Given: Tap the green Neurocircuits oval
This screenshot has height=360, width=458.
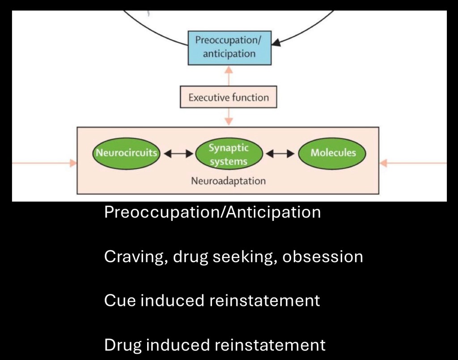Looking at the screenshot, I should tap(126, 153).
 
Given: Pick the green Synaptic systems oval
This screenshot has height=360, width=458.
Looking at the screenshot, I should tap(229, 154).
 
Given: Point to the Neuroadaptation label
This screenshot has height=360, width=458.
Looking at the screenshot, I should tap(228, 181).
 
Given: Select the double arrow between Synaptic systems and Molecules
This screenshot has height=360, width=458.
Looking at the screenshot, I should tap(280, 153).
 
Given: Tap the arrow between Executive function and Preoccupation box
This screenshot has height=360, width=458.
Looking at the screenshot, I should tap(229, 76).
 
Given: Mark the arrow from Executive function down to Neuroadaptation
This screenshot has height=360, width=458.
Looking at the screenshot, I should tap(229, 117).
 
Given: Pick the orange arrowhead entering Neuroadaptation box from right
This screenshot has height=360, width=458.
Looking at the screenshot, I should tap(383, 163).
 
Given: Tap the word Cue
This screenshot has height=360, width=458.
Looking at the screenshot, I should tap(120, 301).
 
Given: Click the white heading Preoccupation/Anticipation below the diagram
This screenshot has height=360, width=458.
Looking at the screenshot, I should tap(212, 212).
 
